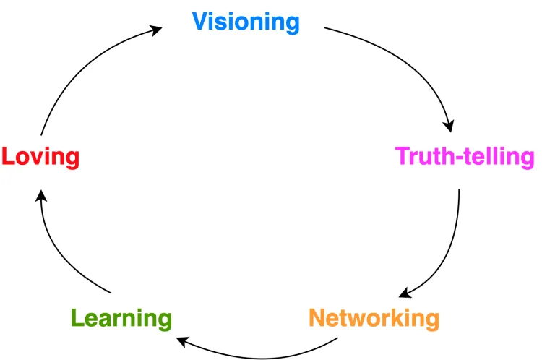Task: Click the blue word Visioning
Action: [245, 22]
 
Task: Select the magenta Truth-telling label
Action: [465, 156]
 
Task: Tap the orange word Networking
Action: [374, 317]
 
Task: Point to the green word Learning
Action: [121, 317]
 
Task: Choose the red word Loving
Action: [40, 156]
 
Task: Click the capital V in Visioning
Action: [200, 22]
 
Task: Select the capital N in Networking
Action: [317, 317]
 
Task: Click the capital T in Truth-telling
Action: [403, 156]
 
